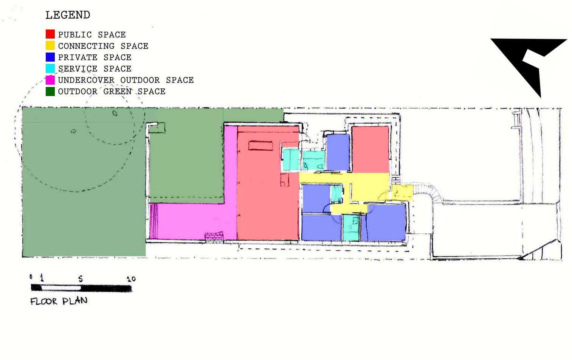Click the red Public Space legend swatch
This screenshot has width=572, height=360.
[50, 34]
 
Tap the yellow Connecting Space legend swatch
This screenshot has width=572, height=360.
[50, 45]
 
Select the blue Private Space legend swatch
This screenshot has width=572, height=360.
[50, 57]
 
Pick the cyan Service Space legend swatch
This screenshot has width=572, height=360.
[50, 68]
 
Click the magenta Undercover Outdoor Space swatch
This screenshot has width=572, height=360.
[50, 80]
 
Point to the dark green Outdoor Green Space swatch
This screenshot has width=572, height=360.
[50, 92]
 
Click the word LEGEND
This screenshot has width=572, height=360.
[68, 15]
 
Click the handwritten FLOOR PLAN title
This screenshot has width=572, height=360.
[59, 301]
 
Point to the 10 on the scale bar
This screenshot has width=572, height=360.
[131, 279]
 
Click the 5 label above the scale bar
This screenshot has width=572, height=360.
[81, 278]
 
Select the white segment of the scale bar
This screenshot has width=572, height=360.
[61, 288]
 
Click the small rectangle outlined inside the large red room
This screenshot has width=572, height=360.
[260, 146]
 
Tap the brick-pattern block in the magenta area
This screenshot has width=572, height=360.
[214, 237]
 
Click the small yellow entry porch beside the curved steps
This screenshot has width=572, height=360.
[403, 192]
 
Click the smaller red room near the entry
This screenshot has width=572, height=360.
[370, 149]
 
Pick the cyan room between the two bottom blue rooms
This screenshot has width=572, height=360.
[351, 228]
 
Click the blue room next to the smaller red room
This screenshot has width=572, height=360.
[338, 152]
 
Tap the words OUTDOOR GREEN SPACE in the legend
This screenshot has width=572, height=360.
[112, 92]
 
